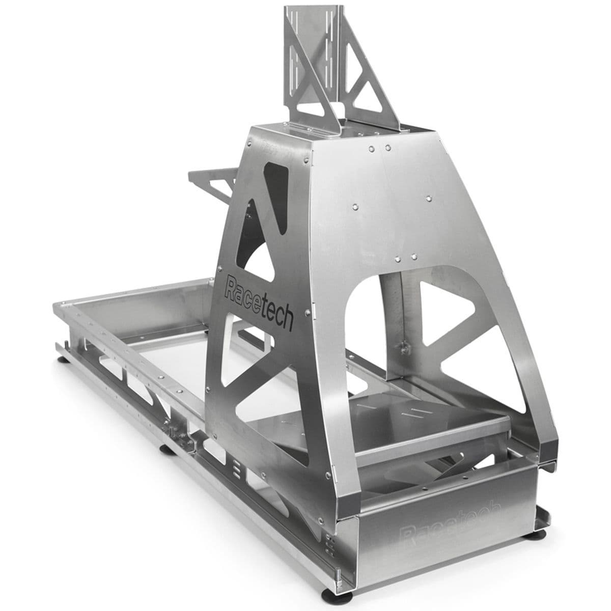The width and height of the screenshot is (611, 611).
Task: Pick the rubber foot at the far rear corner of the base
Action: (x=64, y=359)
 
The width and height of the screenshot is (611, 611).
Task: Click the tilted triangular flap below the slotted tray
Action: (x=407, y=471)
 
